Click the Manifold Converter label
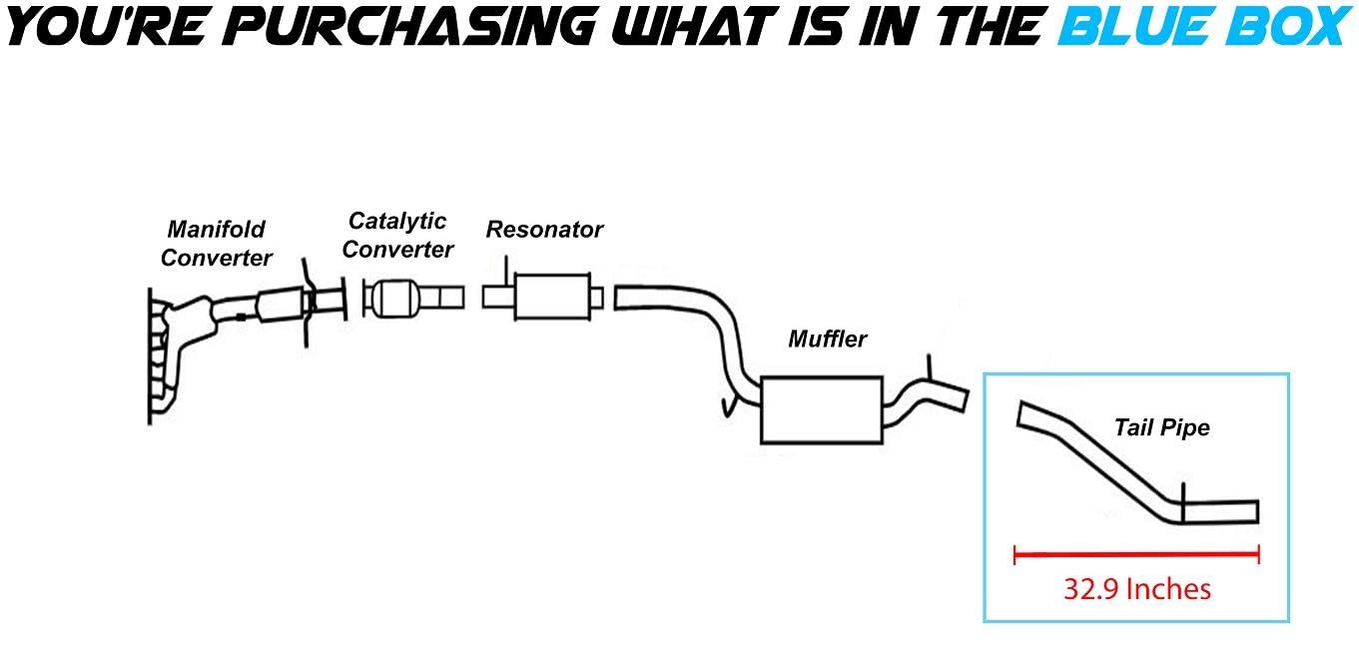point(216,244)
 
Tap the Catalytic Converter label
point(397,235)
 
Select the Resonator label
point(544,230)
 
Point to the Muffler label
point(827,338)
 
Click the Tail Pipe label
point(1161,428)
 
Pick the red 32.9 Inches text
point(1136,589)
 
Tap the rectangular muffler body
point(821,409)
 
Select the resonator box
point(552,297)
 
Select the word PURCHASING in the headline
point(411,28)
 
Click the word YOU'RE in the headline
point(108,28)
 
